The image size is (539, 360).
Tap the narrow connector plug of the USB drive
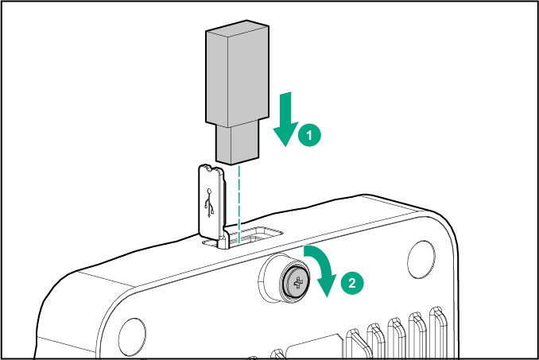(x=237, y=145)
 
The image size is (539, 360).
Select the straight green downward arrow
(x=286, y=119)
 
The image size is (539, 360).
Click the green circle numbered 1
(x=309, y=135)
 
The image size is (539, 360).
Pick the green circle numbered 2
(x=352, y=283)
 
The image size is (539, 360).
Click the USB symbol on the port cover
(x=209, y=203)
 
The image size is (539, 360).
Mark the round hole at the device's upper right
(x=421, y=260)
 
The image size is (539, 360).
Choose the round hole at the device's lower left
(x=132, y=337)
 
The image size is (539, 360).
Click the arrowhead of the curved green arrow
(x=327, y=286)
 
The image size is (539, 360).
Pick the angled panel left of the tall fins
(x=315, y=347)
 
